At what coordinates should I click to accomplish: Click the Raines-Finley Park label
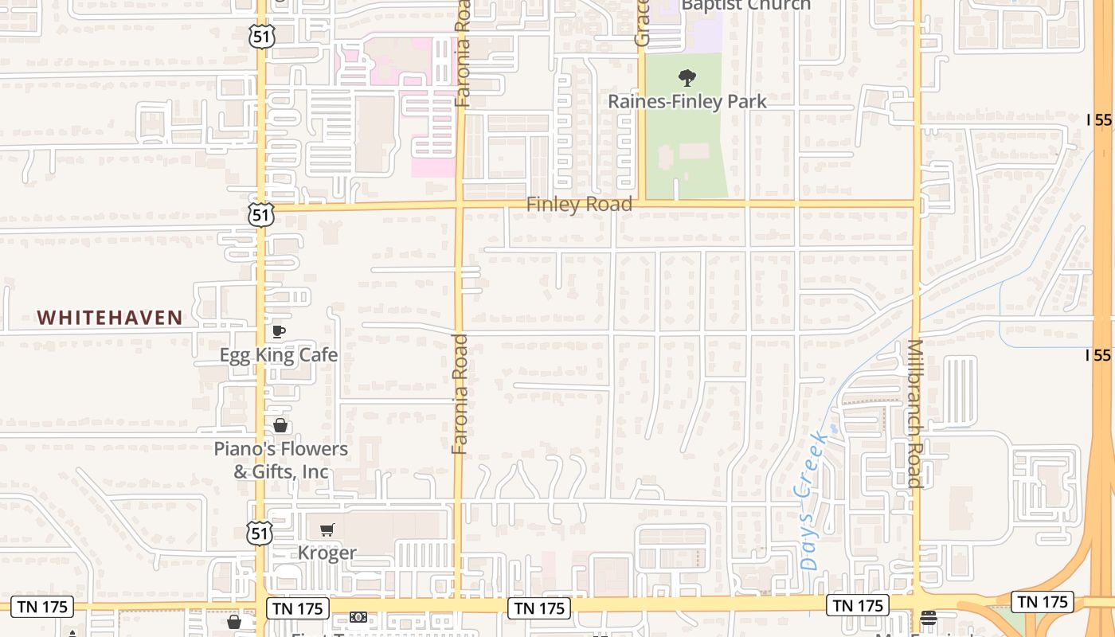click(687, 101)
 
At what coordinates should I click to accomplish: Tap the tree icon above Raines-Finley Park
click(687, 78)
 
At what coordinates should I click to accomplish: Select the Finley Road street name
click(579, 205)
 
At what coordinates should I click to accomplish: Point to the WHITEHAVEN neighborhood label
click(110, 318)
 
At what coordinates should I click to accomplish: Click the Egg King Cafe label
click(279, 354)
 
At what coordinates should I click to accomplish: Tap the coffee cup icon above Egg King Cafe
click(279, 331)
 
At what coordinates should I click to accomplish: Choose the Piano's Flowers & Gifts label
click(280, 460)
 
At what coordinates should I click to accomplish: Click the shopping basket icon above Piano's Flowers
click(280, 425)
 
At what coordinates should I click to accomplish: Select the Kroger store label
click(327, 553)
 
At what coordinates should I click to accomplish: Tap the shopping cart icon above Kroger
click(327, 530)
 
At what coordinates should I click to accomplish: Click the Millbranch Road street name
click(915, 413)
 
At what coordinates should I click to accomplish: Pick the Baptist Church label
click(745, 6)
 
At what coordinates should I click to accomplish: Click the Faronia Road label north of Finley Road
click(463, 53)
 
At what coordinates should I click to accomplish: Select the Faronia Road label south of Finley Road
click(460, 394)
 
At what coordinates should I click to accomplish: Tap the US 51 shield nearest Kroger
click(260, 532)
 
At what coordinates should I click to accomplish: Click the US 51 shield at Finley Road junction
click(260, 213)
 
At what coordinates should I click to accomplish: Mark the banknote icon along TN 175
click(358, 617)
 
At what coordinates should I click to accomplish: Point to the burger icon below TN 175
click(928, 617)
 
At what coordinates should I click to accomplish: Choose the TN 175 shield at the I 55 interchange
click(1042, 602)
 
